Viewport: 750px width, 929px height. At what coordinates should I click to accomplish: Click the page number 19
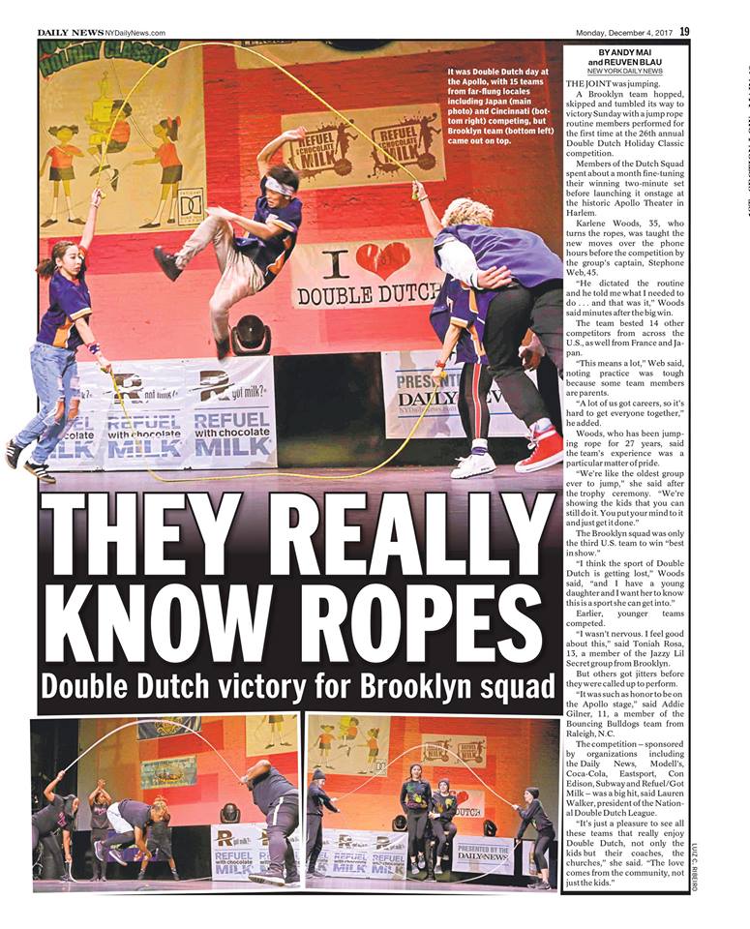[x=684, y=32]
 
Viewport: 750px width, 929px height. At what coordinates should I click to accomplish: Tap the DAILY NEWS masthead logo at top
[x=70, y=33]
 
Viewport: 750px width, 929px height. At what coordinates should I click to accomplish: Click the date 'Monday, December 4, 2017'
[x=622, y=33]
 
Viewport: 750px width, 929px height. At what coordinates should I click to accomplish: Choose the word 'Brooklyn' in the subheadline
[x=400, y=688]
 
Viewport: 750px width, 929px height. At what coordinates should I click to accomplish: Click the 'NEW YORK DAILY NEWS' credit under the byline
[x=624, y=72]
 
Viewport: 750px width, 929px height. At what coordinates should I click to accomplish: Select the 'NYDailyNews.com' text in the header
[x=135, y=33]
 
